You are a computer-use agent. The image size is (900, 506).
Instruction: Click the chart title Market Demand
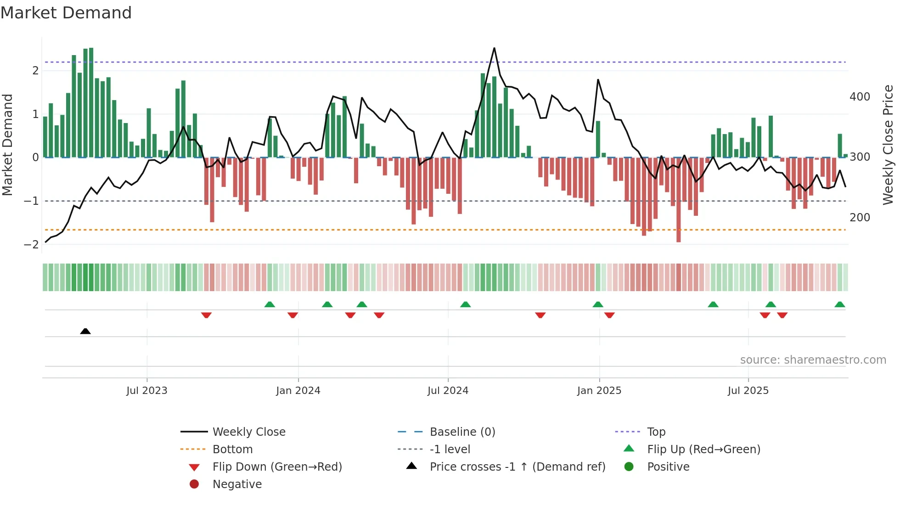66,13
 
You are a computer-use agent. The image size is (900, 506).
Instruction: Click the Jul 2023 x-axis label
147,391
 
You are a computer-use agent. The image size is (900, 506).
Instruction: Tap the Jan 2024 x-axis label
298,391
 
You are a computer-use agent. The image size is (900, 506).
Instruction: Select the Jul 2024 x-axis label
448,391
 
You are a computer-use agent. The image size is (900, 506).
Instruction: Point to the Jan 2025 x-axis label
599,391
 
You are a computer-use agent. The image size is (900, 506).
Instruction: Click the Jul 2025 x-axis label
748,391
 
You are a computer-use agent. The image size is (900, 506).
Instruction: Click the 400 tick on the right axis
860,97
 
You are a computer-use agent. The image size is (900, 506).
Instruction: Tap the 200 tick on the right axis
860,218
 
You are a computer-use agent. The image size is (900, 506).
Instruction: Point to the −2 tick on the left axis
31,245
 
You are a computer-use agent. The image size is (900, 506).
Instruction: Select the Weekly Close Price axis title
888,145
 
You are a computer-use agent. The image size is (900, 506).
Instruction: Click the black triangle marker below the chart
85,331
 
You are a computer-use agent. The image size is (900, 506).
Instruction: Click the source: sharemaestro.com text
813,360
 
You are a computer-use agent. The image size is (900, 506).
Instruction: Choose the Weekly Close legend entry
248,432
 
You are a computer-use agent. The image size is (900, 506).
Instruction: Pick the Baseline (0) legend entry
462,432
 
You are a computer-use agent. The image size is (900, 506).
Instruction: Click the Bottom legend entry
232,450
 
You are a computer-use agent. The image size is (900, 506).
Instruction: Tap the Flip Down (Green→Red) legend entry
277,467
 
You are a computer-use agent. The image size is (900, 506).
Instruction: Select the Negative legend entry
237,484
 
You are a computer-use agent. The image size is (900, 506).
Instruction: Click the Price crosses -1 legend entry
517,467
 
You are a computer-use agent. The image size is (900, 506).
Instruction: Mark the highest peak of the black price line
494,48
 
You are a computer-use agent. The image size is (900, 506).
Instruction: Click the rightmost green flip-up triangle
840,304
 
